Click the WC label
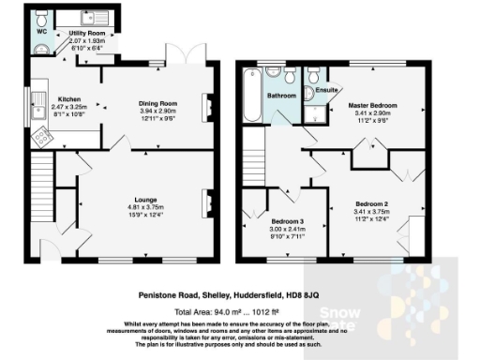tap(41, 30)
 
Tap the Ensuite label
tap(325, 90)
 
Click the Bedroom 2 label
tap(372, 203)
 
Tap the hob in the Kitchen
tap(42, 137)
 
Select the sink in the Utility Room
tap(91, 17)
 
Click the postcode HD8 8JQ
tap(335, 292)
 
